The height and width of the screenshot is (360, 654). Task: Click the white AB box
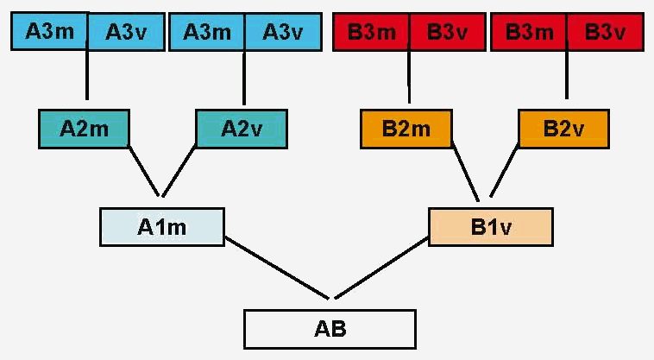(x=330, y=329)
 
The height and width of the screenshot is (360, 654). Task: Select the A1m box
(x=161, y=227)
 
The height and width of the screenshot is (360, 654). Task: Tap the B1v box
(x=489, y=228)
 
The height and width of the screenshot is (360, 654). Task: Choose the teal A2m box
(x=84, y=128)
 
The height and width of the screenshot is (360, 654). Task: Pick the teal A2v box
(x=241, y=128)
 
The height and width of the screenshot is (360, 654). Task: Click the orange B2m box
(x=406, y=129)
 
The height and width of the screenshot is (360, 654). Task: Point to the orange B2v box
(x=563, y=129)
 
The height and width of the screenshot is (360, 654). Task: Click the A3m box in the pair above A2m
(x=49, y=32)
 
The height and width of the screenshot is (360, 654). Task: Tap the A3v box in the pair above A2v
(x=283, y=32)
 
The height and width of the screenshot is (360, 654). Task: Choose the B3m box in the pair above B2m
(x=371, y=33)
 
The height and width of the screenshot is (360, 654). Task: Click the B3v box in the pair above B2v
(x=605, y=33)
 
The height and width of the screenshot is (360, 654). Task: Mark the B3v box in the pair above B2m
(x=447, y=33)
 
